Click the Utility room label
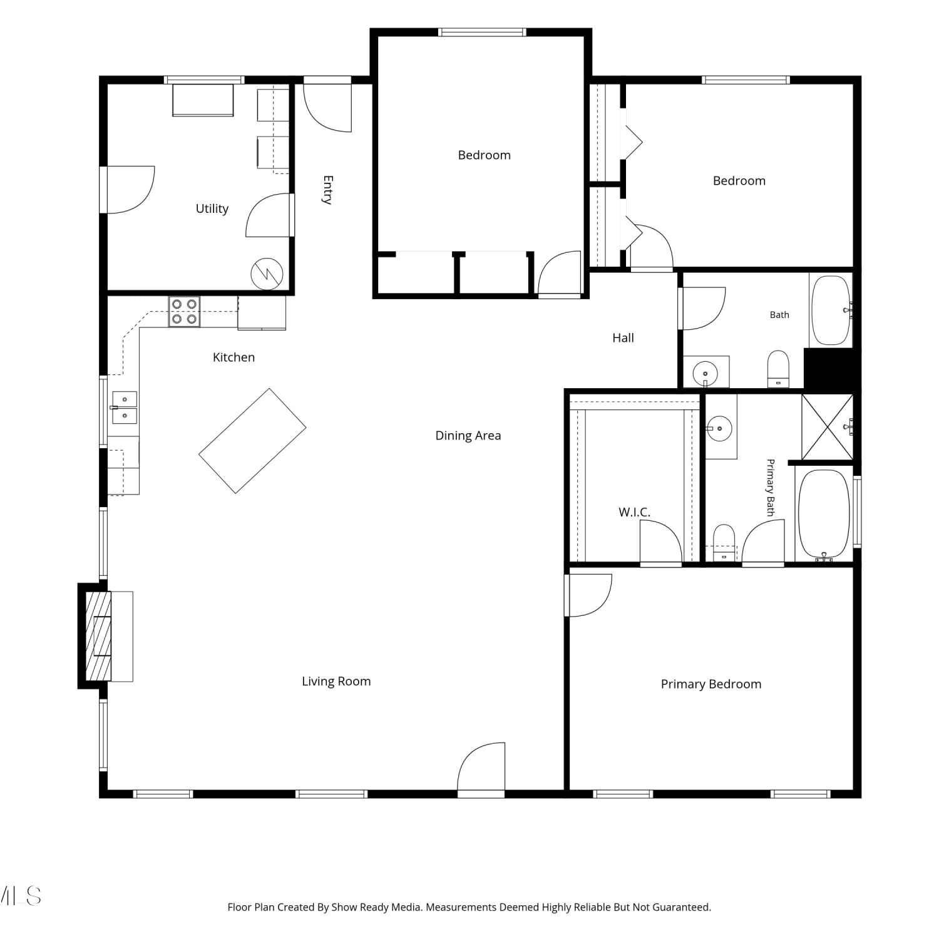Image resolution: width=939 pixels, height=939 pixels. pos(212,208)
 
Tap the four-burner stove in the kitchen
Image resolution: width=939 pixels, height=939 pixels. pos(184,311)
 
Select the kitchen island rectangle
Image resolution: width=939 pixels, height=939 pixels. pos(252,441)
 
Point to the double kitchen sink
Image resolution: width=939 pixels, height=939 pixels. pos(125,408)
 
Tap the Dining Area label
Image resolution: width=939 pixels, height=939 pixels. pos(468,436)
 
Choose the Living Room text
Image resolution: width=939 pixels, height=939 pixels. pos(336,681)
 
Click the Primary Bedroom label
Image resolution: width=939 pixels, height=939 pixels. pos(711,684)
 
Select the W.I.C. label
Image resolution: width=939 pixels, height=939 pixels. pos(634,512)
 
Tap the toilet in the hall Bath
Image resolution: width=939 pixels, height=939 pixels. pos(778,369)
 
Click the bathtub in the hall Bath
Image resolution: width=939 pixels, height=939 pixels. pos(831,310)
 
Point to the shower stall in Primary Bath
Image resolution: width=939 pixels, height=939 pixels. pos(828,428)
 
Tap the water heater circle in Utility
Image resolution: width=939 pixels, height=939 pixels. pos(267,274)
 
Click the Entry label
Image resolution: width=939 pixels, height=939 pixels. pos(327,190)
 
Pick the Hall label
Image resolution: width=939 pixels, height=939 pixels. pos(623,338)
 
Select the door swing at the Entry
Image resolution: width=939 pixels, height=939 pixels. pos(327,107)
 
